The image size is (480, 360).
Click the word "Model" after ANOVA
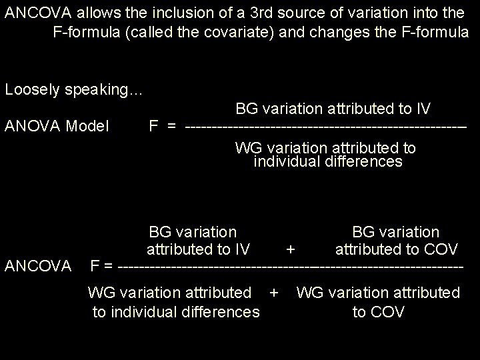point(91,125)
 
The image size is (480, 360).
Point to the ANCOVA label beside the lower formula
point(38,266)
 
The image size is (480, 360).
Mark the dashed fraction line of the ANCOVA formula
point(289,267)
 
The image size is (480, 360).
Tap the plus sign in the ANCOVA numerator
point(290,249)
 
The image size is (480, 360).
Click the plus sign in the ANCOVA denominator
point(273,293)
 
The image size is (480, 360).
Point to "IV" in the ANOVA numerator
point(422,108)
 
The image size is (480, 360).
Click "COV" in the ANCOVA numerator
point(441,249)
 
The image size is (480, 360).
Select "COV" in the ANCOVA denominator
point(388,311)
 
